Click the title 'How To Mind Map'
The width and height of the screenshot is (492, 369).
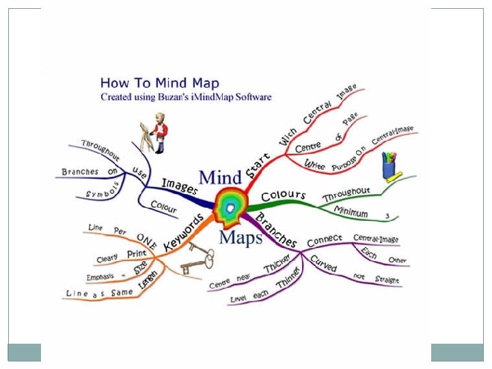click(x=160, y=84)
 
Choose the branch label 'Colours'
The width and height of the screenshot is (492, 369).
click(x=282, y=195)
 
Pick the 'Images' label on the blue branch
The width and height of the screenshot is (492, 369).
click(x=180, y=186)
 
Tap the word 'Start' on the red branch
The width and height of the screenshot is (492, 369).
click(x=259, y=167)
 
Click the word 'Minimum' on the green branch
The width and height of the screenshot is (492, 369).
click(x=351, y=213)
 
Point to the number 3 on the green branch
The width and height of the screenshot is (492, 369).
click(x=387, y=217)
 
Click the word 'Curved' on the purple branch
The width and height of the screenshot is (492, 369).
click(x=323, y=263)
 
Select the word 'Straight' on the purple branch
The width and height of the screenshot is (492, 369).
click(x=387, y=280)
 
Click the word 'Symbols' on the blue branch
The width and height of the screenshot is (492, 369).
click(x=104, y=191)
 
